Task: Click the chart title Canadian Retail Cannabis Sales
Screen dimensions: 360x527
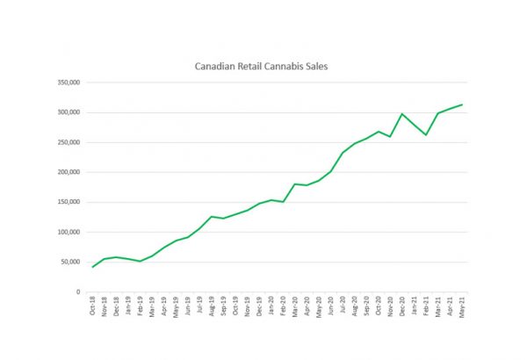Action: coord(259,66)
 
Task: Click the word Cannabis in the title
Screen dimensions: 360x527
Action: coord(283,66)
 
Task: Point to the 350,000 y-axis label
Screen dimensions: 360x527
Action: coord(68,83)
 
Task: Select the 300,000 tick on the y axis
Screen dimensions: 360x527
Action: coord(68,112)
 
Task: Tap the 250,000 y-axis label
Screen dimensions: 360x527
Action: coord(68,142)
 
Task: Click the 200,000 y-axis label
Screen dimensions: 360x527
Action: coord(68,172)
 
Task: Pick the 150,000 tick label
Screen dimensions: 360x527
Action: coord(68,202)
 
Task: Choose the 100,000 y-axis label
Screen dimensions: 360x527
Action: coord(68,232)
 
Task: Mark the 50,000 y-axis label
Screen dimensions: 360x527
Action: coord(69,262)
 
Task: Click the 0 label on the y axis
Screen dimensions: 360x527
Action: coord(78,292)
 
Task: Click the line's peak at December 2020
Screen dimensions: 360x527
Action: coord(402,114)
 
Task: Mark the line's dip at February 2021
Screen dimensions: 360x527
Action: coord(426,134)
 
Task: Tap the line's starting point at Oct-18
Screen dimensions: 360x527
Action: coord(93,266)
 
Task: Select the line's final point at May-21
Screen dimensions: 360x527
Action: coord(462,104)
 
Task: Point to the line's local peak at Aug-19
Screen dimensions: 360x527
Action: coord(212,216)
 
